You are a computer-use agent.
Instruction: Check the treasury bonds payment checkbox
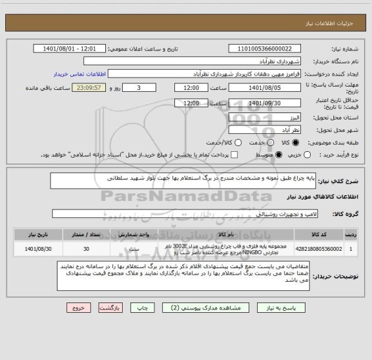point(234,155)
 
